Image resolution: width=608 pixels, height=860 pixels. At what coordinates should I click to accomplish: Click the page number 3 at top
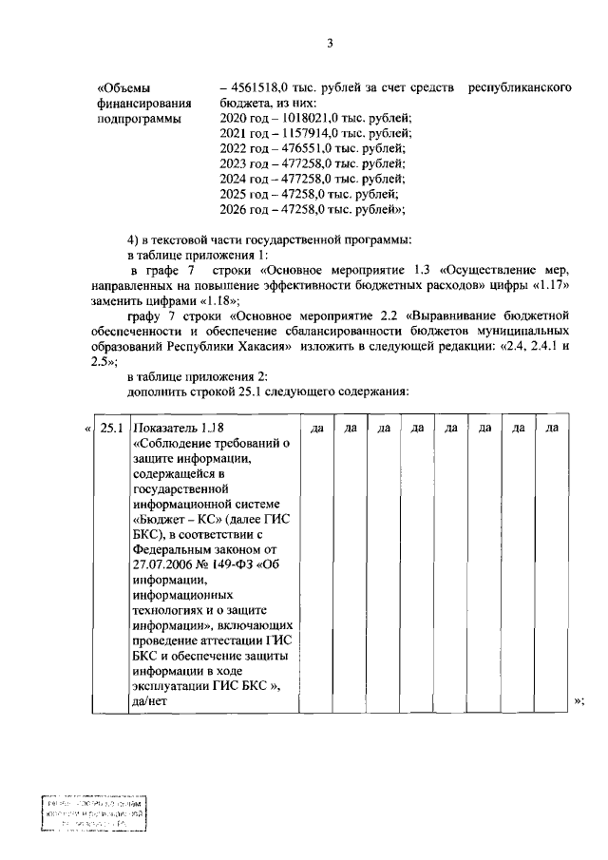point(330,43)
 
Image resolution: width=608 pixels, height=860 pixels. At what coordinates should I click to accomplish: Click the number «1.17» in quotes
point(553,284)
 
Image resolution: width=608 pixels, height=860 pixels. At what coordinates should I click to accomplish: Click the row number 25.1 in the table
point(112,429)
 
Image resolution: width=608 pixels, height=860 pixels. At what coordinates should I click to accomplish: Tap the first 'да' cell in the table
point(317,430)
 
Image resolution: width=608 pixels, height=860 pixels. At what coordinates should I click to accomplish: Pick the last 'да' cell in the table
point(552,430)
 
